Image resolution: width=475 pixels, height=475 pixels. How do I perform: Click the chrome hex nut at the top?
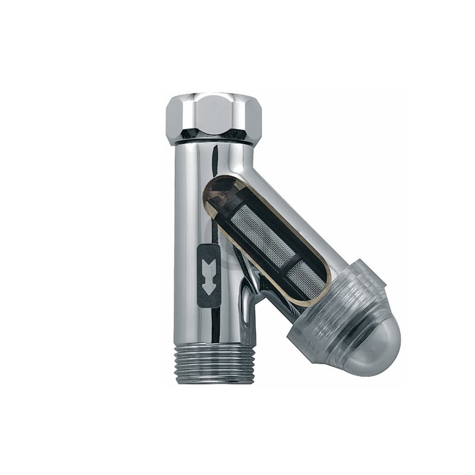click(x=214, y=118)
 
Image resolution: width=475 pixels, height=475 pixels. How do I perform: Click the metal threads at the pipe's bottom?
click(x=216, y=362)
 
